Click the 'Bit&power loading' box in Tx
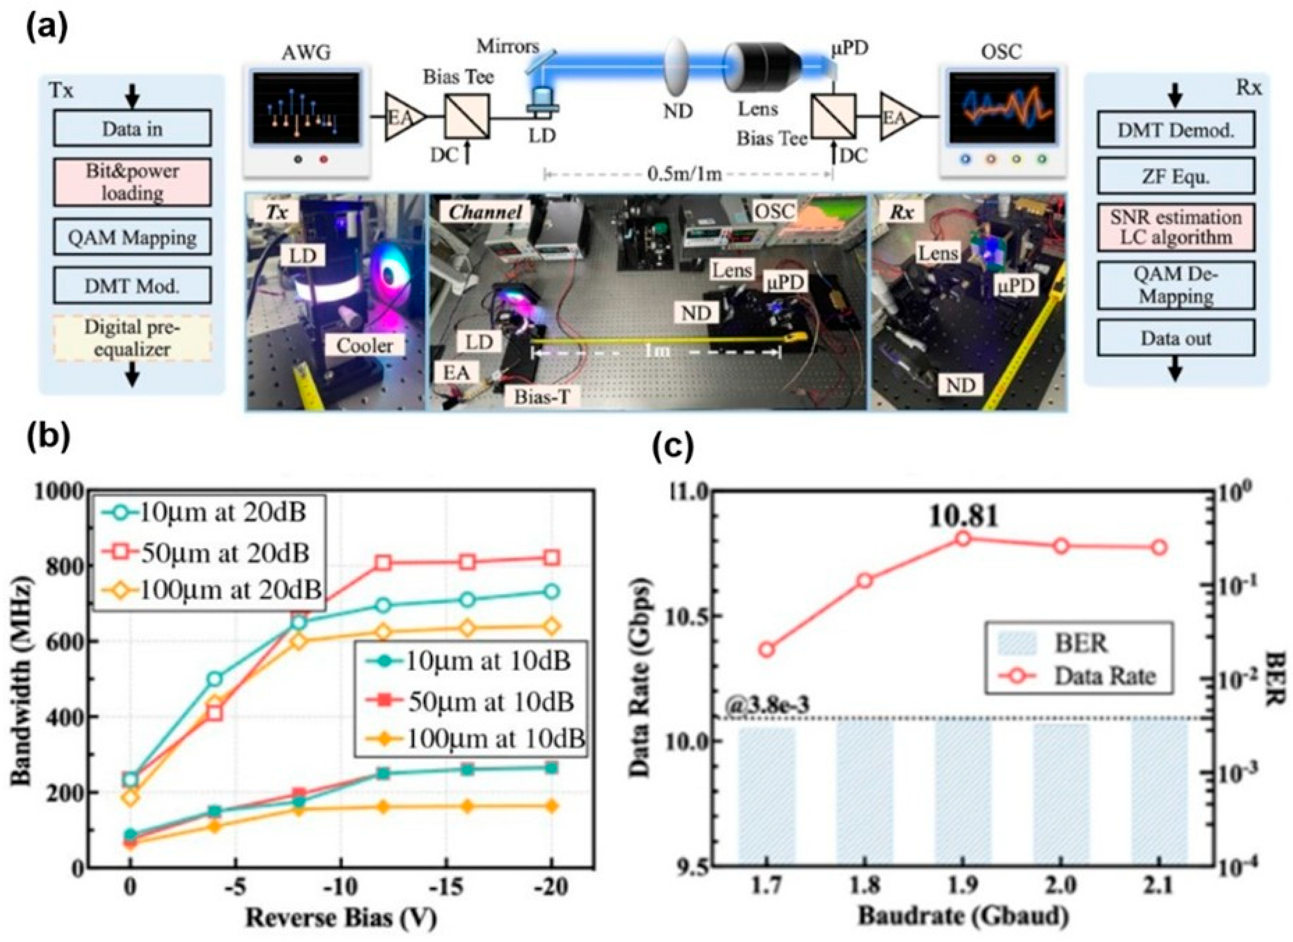coord(132,182)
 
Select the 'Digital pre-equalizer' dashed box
coord(132,338)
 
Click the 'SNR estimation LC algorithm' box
coord(1176,227)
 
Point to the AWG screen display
coord(306,108)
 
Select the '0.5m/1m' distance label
coord(684,173)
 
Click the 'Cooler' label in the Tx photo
coord(364,345)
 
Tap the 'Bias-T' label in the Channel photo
coord(541,396)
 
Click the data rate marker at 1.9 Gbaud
coord(963,538)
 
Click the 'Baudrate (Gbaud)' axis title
coord(963,917)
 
